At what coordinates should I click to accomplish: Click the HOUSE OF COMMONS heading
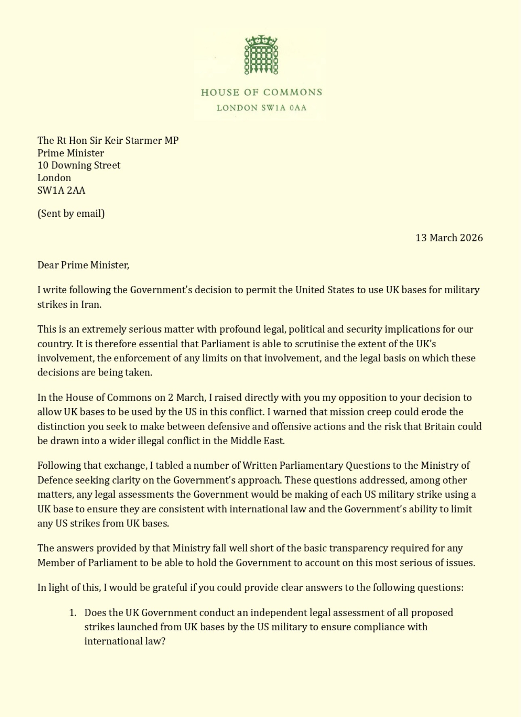click(x=261, y=92)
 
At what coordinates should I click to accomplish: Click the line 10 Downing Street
click(x=79, y=166)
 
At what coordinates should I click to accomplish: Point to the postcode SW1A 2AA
click(x=61, y=191)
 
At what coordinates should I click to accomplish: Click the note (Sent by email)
click(x=71, y=214)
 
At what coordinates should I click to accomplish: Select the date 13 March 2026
click(x=449, y=238)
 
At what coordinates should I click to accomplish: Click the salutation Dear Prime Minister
click(x=83, y=265)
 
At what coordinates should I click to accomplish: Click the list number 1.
click(x=72, y=613)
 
